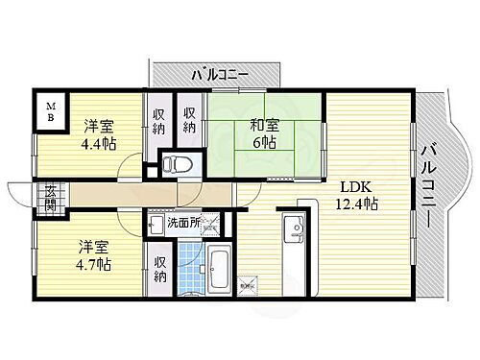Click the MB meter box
tap(47, 109)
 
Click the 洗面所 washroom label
tap(183, 223)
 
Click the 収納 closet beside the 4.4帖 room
tap(159, 121)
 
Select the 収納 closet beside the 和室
tap(190, 121)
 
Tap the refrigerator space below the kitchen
tap(248, 283)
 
